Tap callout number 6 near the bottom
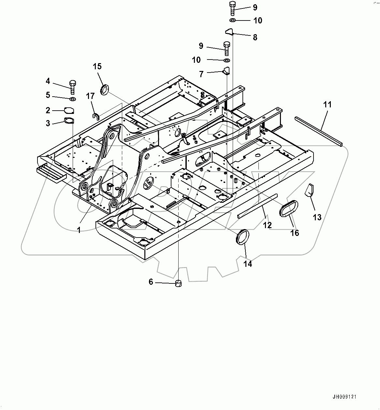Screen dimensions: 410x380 (151, 282)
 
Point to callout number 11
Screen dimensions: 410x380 (327, 105)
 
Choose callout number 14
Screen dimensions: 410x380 (248, 264)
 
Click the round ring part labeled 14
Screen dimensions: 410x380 (242, 237)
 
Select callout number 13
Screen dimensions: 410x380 (317, 217)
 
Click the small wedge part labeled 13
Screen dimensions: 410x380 (309, 190)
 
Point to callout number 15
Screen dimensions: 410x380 (97, 67)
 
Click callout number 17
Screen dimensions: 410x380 (90, 96)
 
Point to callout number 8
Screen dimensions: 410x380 (255, 37)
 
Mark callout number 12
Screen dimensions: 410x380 (267, 225)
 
